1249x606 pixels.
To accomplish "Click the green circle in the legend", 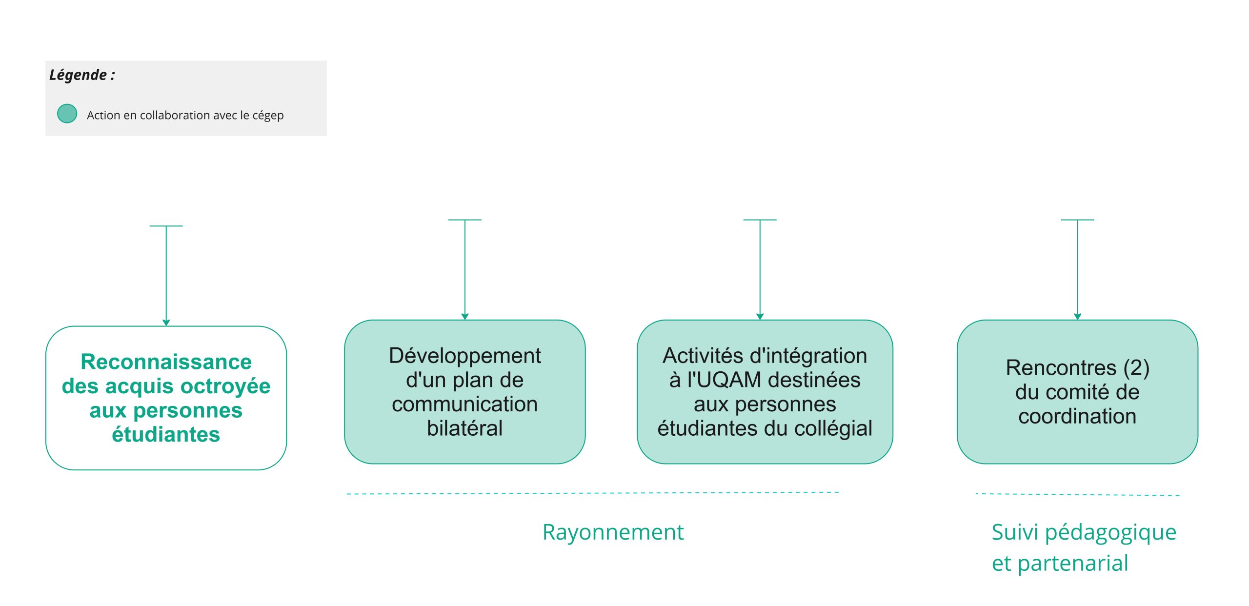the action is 67,114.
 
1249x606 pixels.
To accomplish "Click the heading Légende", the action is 82,75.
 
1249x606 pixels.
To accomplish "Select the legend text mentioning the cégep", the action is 185,116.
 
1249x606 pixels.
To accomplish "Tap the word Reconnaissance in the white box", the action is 166,362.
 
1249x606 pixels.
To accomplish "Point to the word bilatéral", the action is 464,428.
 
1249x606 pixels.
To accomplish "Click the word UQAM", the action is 724,380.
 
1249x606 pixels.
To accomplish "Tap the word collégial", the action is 833,428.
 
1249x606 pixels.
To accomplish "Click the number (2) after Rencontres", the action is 1136,368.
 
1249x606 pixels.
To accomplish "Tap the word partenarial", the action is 1073,564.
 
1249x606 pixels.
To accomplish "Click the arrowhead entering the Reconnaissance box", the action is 166,323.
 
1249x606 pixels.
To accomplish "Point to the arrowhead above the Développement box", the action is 465,317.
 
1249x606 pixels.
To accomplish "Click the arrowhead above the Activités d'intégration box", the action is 760,317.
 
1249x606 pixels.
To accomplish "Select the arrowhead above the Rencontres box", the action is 1078,317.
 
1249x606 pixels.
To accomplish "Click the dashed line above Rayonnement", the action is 592,493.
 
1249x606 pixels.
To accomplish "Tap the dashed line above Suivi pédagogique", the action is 1077,495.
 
